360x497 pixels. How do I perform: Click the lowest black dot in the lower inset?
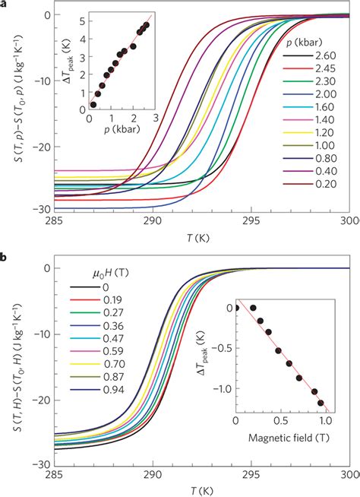tap(321, 403)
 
